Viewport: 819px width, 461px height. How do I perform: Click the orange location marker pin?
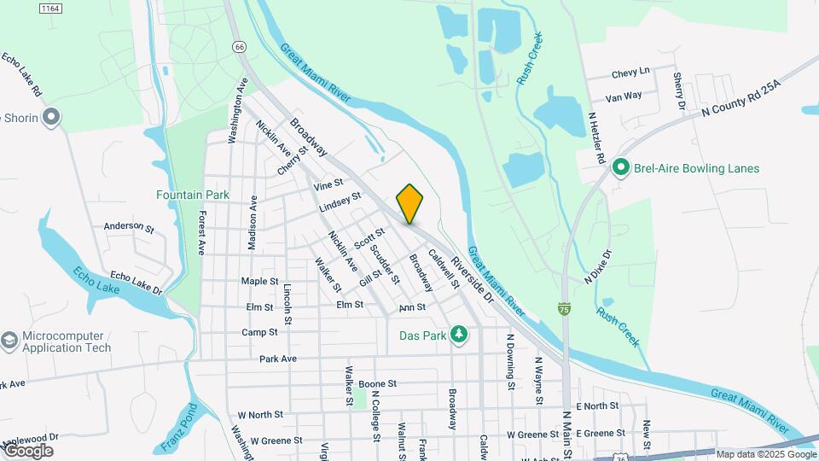click(x=409, y=203)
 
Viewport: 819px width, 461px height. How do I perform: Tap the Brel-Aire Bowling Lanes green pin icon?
click(x=622, y=168)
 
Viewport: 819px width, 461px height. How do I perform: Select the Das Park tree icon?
click(x=459, y=335)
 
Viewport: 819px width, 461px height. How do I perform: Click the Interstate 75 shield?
click(x=565, y=307)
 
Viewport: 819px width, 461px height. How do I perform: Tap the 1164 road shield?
click(x=50, y=8)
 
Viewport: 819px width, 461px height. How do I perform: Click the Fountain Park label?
click(x=193, y=195)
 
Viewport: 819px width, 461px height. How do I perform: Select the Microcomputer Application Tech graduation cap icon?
click(x=9, y=341)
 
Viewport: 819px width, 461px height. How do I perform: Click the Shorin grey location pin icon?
click(x=52, y=118)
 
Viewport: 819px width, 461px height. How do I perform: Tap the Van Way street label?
click(x=623, y=96)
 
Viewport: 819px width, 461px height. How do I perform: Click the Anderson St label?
click(x=128, y=228)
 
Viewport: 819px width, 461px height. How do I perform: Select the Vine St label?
click(x=328, y=184)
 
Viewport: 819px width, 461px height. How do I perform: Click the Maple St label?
click(x=259, y=281)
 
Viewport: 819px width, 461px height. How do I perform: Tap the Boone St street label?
click(x=378, y=384)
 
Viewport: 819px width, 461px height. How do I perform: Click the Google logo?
click(x=28, y=451)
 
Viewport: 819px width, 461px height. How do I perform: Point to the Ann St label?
click(x=412, y=306)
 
